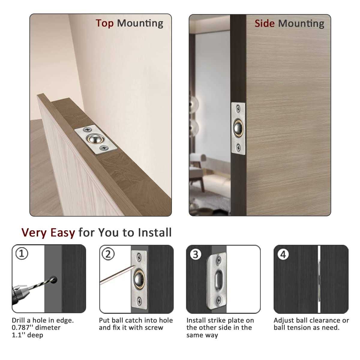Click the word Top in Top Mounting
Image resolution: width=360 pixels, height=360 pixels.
[x=104, y=23]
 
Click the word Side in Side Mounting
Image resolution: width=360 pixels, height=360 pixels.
[x=264, y=23]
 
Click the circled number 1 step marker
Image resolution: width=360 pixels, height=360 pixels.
[x=22, y=254]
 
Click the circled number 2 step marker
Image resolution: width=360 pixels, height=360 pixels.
[x=108, y=254]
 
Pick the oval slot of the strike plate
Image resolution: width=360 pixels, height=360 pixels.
[x=218, y=279]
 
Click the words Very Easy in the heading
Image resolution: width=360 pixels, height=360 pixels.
[x=48, y=232]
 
